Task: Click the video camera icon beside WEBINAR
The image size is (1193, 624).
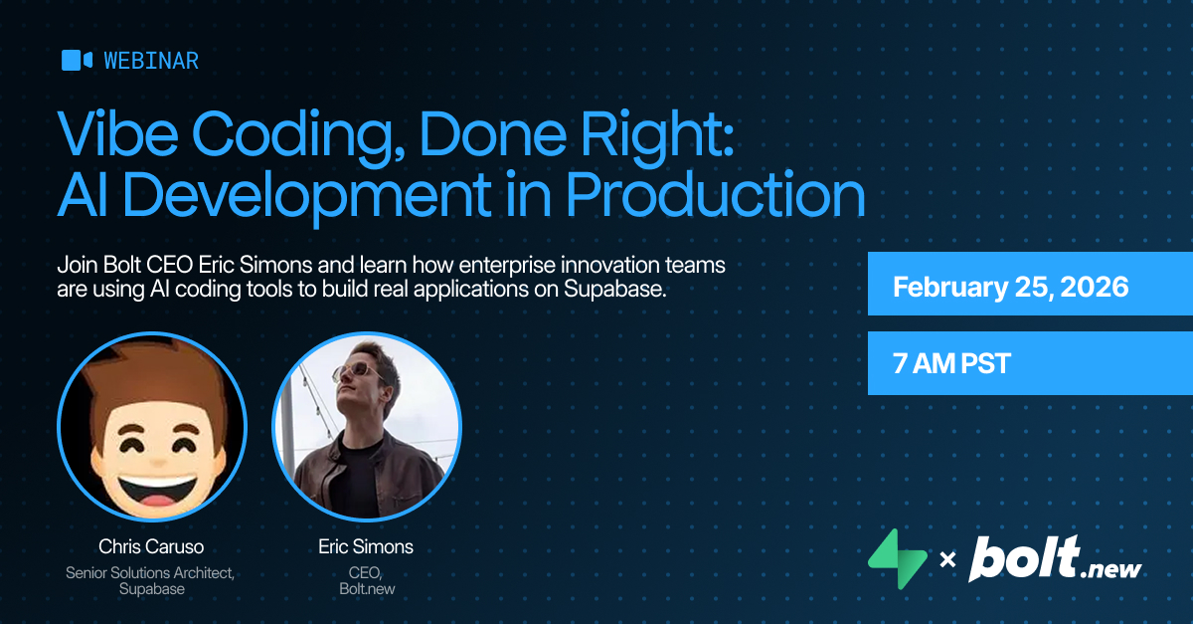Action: pos(77,61)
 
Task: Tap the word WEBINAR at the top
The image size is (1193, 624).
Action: pos(151,61)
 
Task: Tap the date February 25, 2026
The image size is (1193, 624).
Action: pos(1010,288)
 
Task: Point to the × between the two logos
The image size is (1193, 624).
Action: pos(947,561)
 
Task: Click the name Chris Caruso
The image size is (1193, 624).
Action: pos(150,546)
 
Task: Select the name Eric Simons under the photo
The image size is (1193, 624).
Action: pos(366,546)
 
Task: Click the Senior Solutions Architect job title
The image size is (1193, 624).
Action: pos(150,572)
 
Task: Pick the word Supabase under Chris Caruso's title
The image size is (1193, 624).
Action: pos(150,588)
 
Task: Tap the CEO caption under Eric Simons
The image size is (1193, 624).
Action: pos(365,572)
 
